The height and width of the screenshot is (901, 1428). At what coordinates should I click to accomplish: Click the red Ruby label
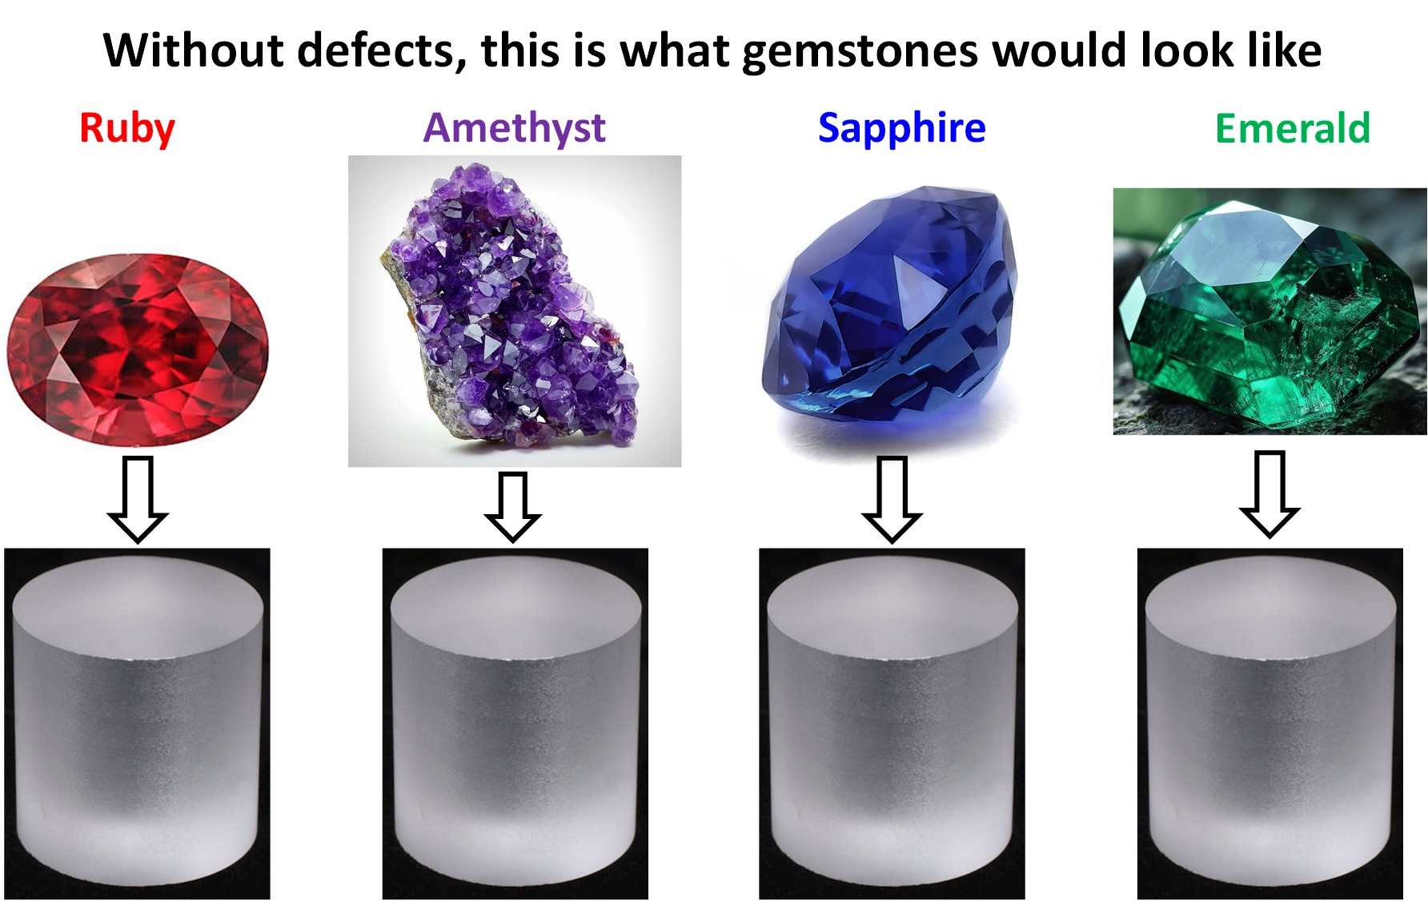[127, 128]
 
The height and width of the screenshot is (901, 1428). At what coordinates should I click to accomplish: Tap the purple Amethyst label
[515, 128]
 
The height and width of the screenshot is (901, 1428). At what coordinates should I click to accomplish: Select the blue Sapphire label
[902, 128]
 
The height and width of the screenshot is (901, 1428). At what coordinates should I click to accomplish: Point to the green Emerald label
[1293, 128]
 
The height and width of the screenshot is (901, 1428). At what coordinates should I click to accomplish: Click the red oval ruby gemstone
[138, 349]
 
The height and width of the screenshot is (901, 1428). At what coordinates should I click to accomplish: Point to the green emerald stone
[1268, 312]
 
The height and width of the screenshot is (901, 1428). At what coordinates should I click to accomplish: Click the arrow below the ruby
[138, 500]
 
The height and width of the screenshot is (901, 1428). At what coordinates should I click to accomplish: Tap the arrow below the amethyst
[513, 507]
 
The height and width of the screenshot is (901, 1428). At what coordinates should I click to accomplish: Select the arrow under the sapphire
[892, 500]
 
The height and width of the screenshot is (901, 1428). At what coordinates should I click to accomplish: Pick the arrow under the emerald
[1270, 493]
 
